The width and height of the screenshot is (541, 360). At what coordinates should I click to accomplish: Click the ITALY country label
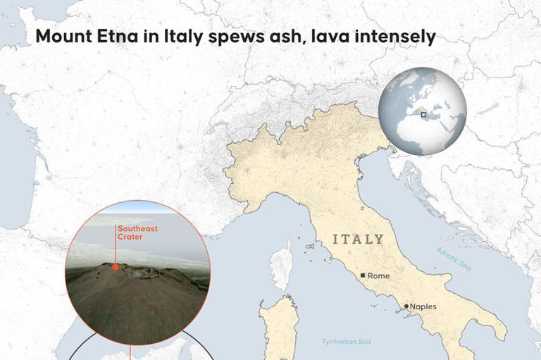(359, 239)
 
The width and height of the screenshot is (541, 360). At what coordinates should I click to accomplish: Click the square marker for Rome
(363, 275)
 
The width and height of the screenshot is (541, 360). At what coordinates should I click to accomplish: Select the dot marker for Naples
(406, 306)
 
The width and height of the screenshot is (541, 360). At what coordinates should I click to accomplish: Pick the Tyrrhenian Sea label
(346, 342)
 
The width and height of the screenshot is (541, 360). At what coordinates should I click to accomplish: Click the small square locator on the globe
(423, 114)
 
